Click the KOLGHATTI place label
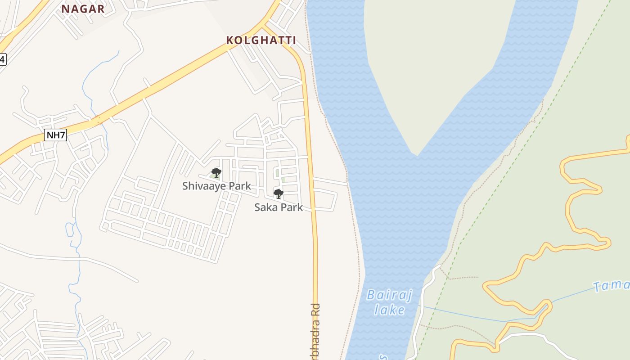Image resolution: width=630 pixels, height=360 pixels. point(261,40)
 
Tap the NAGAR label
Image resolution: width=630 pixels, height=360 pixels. point(83,9)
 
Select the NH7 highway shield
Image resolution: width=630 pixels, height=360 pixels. point(56,135)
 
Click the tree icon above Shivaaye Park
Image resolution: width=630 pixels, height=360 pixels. point(216,173)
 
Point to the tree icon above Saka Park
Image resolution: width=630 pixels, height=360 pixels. point(279,194)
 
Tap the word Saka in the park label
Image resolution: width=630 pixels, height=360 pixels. point(265,207)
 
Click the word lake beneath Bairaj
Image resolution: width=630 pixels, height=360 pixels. point(389,310)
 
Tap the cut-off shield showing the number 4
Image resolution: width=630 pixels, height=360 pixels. point(3,59)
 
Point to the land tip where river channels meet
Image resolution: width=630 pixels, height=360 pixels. point(417,154)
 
